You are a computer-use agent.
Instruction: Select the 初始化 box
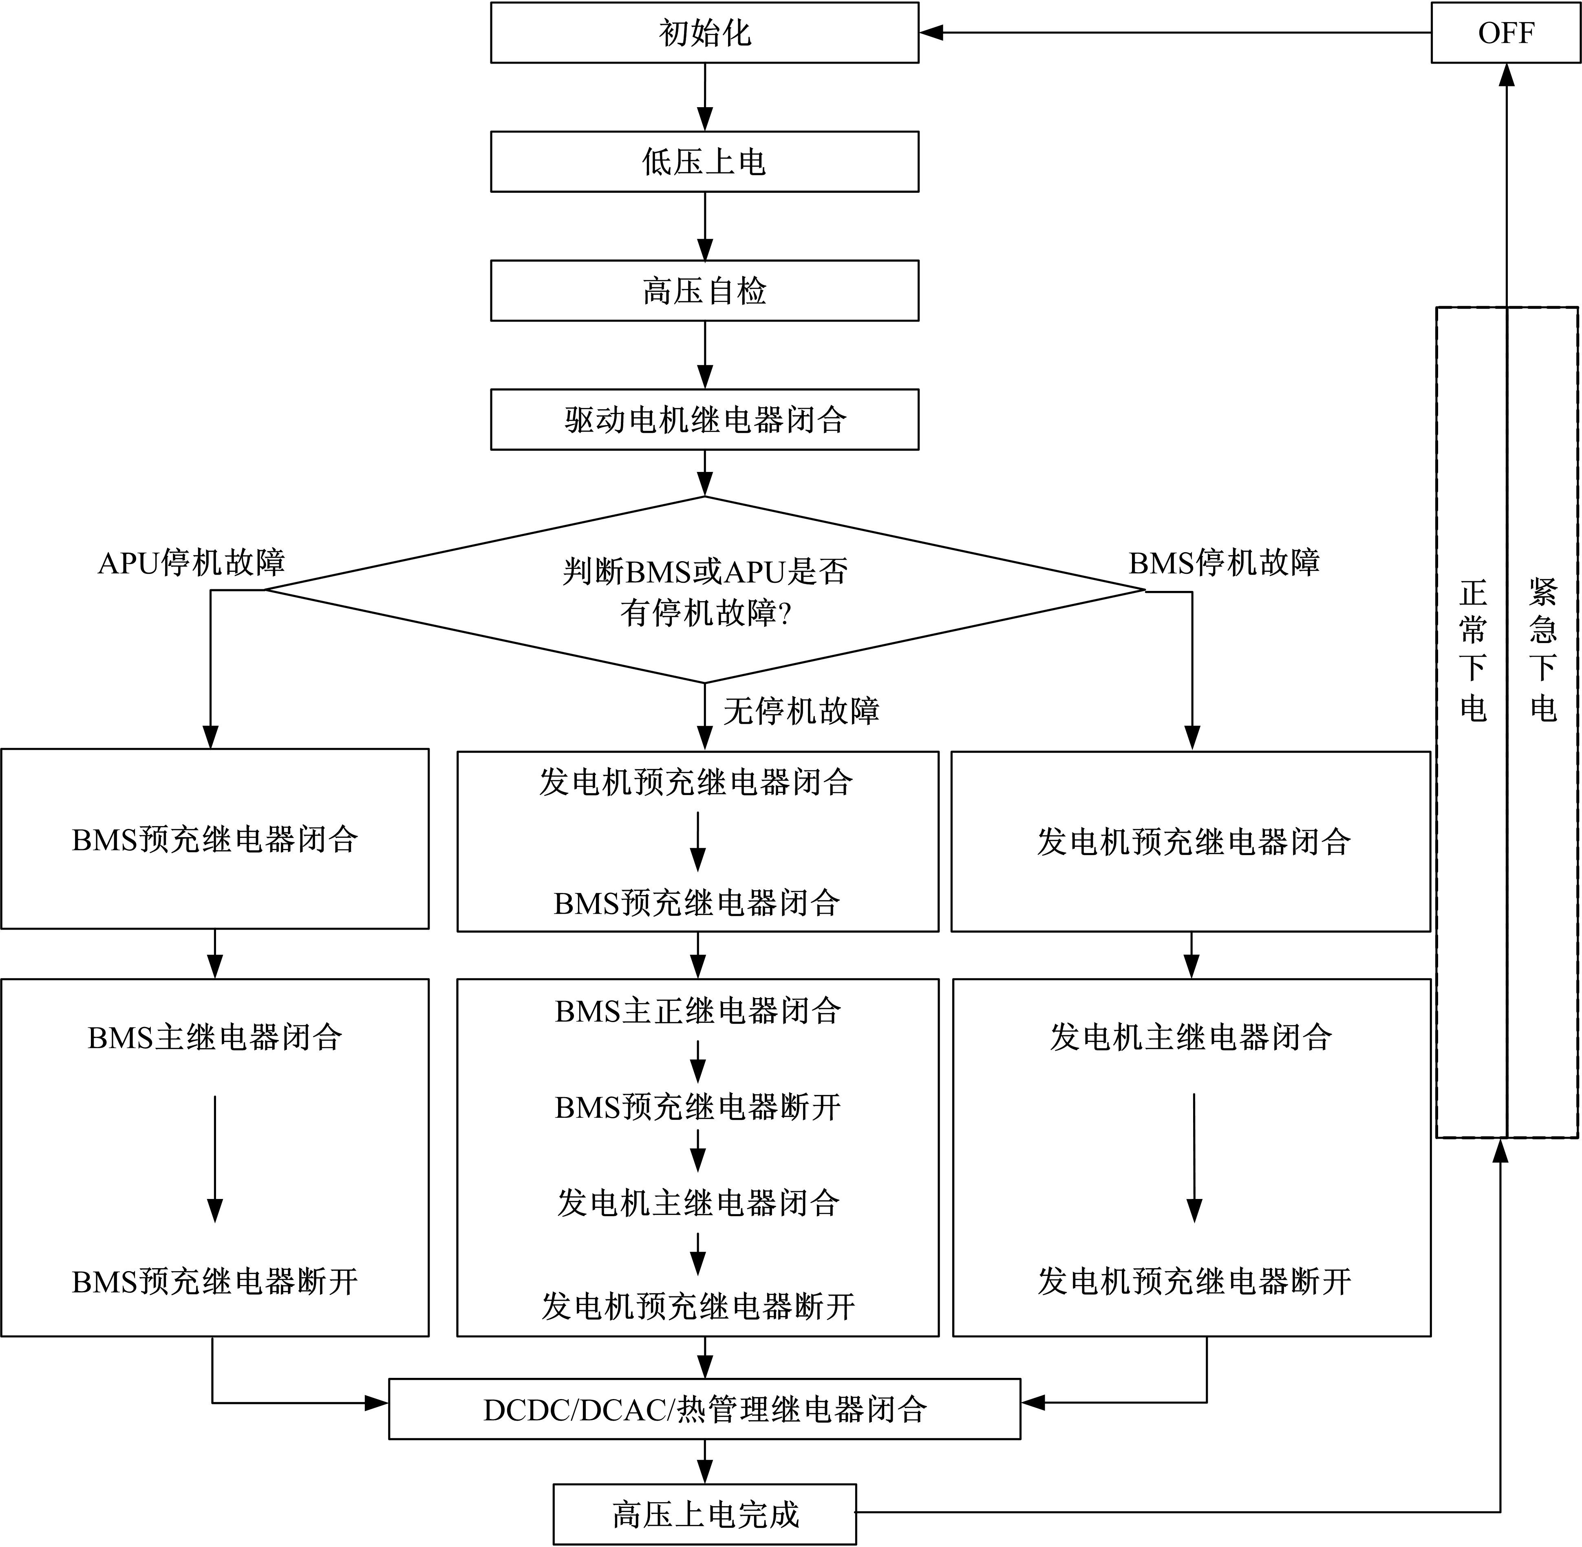[704, 33]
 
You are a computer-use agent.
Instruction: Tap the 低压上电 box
[704, 162]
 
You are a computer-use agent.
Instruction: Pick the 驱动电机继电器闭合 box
[704, 419]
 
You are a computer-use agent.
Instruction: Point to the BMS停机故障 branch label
[1224, 562]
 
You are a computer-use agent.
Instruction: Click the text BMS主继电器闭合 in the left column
[214, 1038]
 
